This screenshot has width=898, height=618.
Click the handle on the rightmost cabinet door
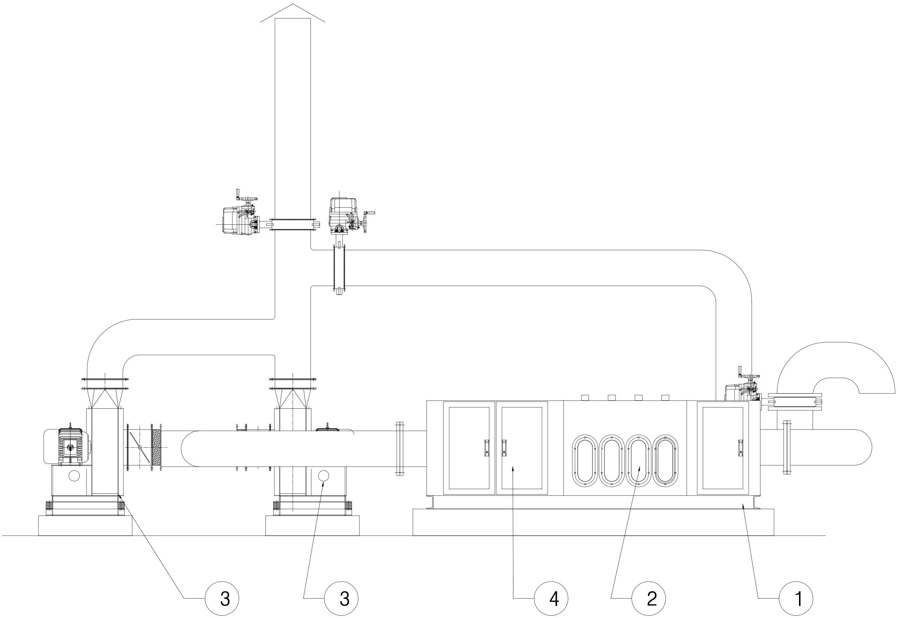pos(740,447)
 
